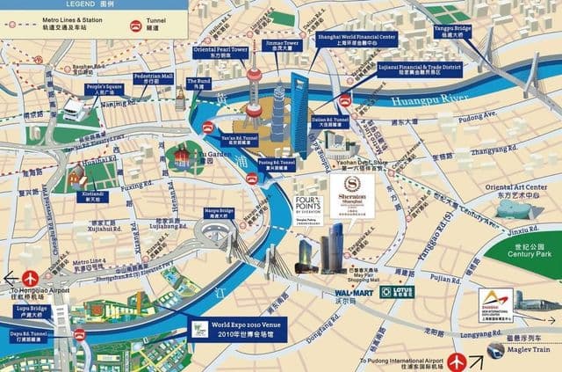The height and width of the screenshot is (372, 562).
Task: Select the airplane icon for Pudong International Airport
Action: click(457, 360)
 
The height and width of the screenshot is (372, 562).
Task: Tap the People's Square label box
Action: click(104, 90)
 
